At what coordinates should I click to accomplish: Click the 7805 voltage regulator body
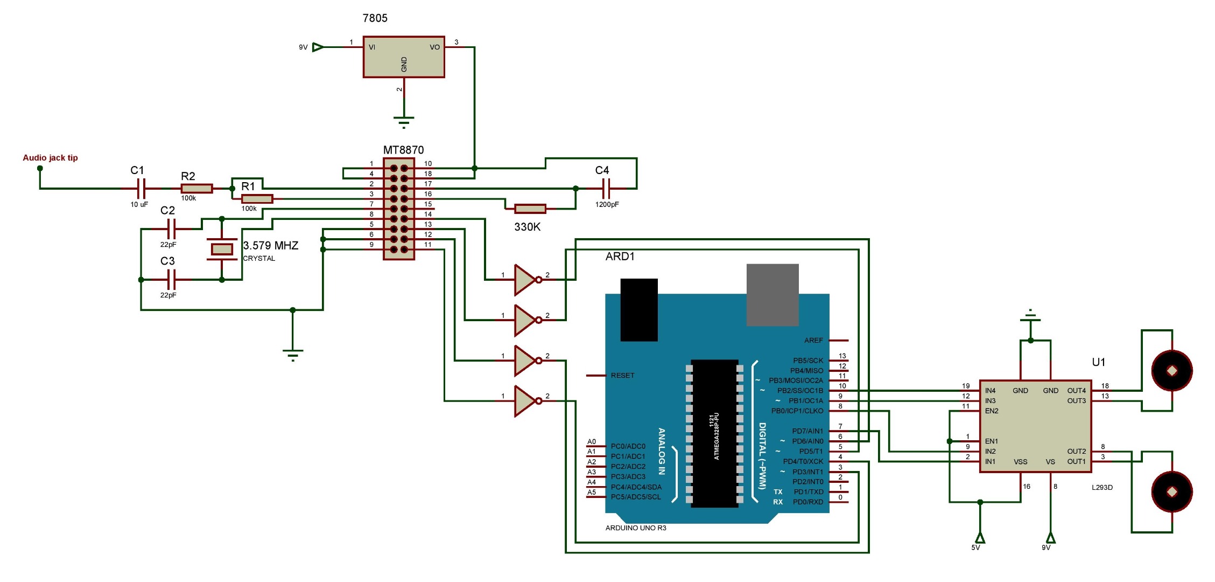tap(404, 57)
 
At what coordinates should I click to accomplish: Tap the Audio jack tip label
tap(50, 158)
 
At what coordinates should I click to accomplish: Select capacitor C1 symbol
tap(141, 189)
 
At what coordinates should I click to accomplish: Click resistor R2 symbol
tap(196, 189)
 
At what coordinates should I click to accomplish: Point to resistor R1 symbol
tap(257, 199)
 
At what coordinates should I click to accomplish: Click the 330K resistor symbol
tap(530, 209)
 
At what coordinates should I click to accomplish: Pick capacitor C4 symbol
tap(606, 189)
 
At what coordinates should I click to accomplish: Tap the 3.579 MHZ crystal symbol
tap(222, 249)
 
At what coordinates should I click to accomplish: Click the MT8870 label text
tap(403, 150)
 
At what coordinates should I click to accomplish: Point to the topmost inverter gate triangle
tap(525, 280)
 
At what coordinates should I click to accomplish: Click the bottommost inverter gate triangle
tap(525, 401)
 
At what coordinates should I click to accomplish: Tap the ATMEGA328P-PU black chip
tap(714, 434)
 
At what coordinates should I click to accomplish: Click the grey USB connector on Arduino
tap(772, 295)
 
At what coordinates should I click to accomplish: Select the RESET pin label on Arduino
tap(622, 376)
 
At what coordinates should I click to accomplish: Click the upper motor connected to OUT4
tap(1171, 371)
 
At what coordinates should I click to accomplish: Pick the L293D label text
tap(1102, 487)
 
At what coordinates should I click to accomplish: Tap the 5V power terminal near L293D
tap(980, 538)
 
